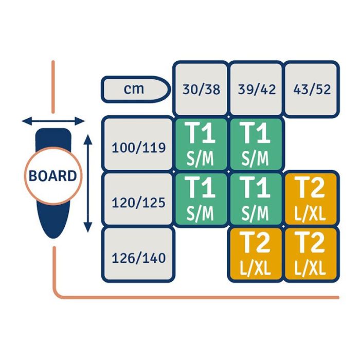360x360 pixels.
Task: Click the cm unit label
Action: click(134, 89)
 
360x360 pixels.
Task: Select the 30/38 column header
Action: click(201, 89)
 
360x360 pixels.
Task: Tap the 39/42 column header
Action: click(256, 89)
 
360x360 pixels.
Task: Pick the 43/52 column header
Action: click(312, 89)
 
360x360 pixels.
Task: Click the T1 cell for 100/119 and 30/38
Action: click(201, 143)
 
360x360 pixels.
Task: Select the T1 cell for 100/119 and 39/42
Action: click(256, 143)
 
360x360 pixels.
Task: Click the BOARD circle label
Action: click(53, 176)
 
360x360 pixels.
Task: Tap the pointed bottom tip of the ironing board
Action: click(53, 235)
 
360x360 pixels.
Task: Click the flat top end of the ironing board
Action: click(53, 131)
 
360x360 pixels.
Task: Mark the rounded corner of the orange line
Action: click(58, 294)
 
